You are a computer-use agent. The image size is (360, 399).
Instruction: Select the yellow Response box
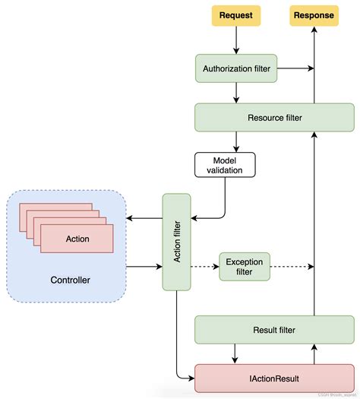click(x=313, y=15)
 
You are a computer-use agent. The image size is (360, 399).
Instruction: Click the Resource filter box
click(x=274, y=117)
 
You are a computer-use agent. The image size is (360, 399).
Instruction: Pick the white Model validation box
click(x=224, y=166)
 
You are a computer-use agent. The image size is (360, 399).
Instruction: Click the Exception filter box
click(x=244, y=266)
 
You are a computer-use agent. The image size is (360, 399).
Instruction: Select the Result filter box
click(x=274, y=330)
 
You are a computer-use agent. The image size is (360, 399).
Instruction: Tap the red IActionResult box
click(x=274, y=377)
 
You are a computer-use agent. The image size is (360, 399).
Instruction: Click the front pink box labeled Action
click(x=77, y=239)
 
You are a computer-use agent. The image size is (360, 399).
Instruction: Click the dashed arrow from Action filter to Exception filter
click(x=204, y=267)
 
